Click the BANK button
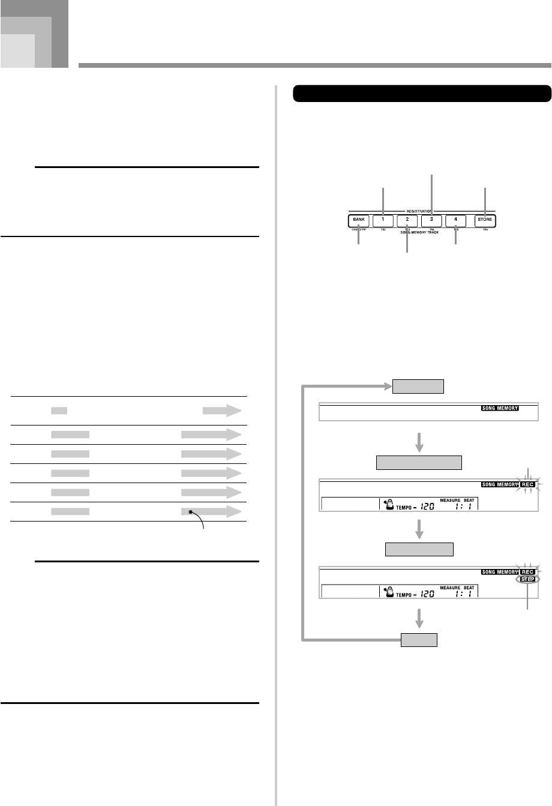358,220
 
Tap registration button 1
383,220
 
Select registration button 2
407,220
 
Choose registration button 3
431,220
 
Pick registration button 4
455,220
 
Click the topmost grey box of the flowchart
418,386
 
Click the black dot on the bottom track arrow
191,496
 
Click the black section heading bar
422,94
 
